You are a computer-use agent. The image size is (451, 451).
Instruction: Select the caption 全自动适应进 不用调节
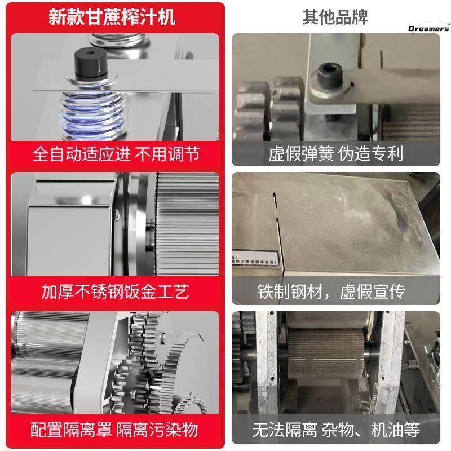click(x=116, y=154)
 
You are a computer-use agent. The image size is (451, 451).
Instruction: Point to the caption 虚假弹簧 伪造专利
click(x=336, y=154)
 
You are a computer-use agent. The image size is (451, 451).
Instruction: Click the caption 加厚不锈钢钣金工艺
click(x=116, y=291)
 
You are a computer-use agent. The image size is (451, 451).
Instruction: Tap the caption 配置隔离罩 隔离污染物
click(x=116, y=430)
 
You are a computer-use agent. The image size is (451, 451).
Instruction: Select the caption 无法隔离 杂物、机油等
click(x=336, y=430)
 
